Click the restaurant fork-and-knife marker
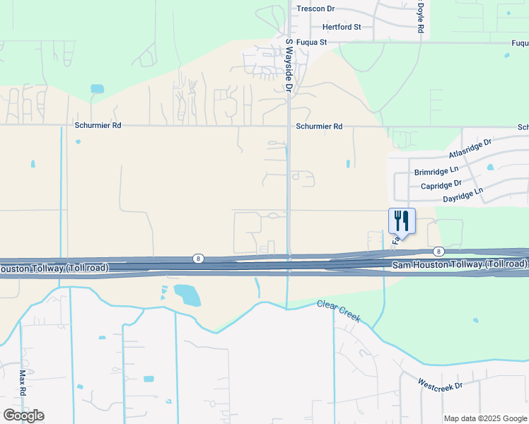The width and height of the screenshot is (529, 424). point(402,220)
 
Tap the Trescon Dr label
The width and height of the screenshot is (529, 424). point(315,9)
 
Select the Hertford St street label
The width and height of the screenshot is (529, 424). point(342,27)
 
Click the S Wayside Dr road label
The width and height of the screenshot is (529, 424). point(289,65)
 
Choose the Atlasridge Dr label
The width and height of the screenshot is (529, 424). point(470,149)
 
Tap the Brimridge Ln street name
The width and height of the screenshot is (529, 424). point(436,171)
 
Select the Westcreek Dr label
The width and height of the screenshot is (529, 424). point(439,386)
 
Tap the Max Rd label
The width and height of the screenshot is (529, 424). point(23,382)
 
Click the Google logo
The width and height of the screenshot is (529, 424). point(23,416)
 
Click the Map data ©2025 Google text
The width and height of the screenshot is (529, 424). point(485,418)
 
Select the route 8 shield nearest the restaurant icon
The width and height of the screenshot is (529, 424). point(439,252)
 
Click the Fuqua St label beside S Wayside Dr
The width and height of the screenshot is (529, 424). point(312,42)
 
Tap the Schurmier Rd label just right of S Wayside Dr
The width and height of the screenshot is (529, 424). point(319,126)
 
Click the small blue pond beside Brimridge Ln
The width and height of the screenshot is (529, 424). point(490,168)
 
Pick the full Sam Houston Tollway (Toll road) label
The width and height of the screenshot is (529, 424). point(459,264)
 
